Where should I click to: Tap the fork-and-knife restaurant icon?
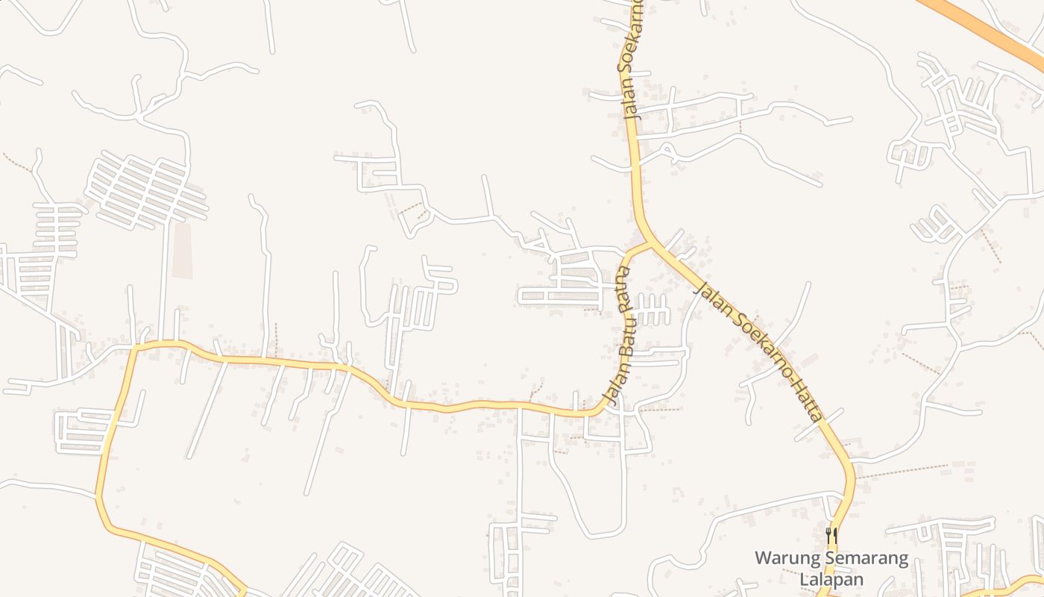click(831, 535)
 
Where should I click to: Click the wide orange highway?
click(984, 26)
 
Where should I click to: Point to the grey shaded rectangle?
click(183, 251)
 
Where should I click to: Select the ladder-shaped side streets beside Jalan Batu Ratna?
click(652, 310)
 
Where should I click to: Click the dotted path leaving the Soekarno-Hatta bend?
click(902, 471)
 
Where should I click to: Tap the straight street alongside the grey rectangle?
click(163, 276)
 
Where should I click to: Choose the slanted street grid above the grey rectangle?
click(145, 190)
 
